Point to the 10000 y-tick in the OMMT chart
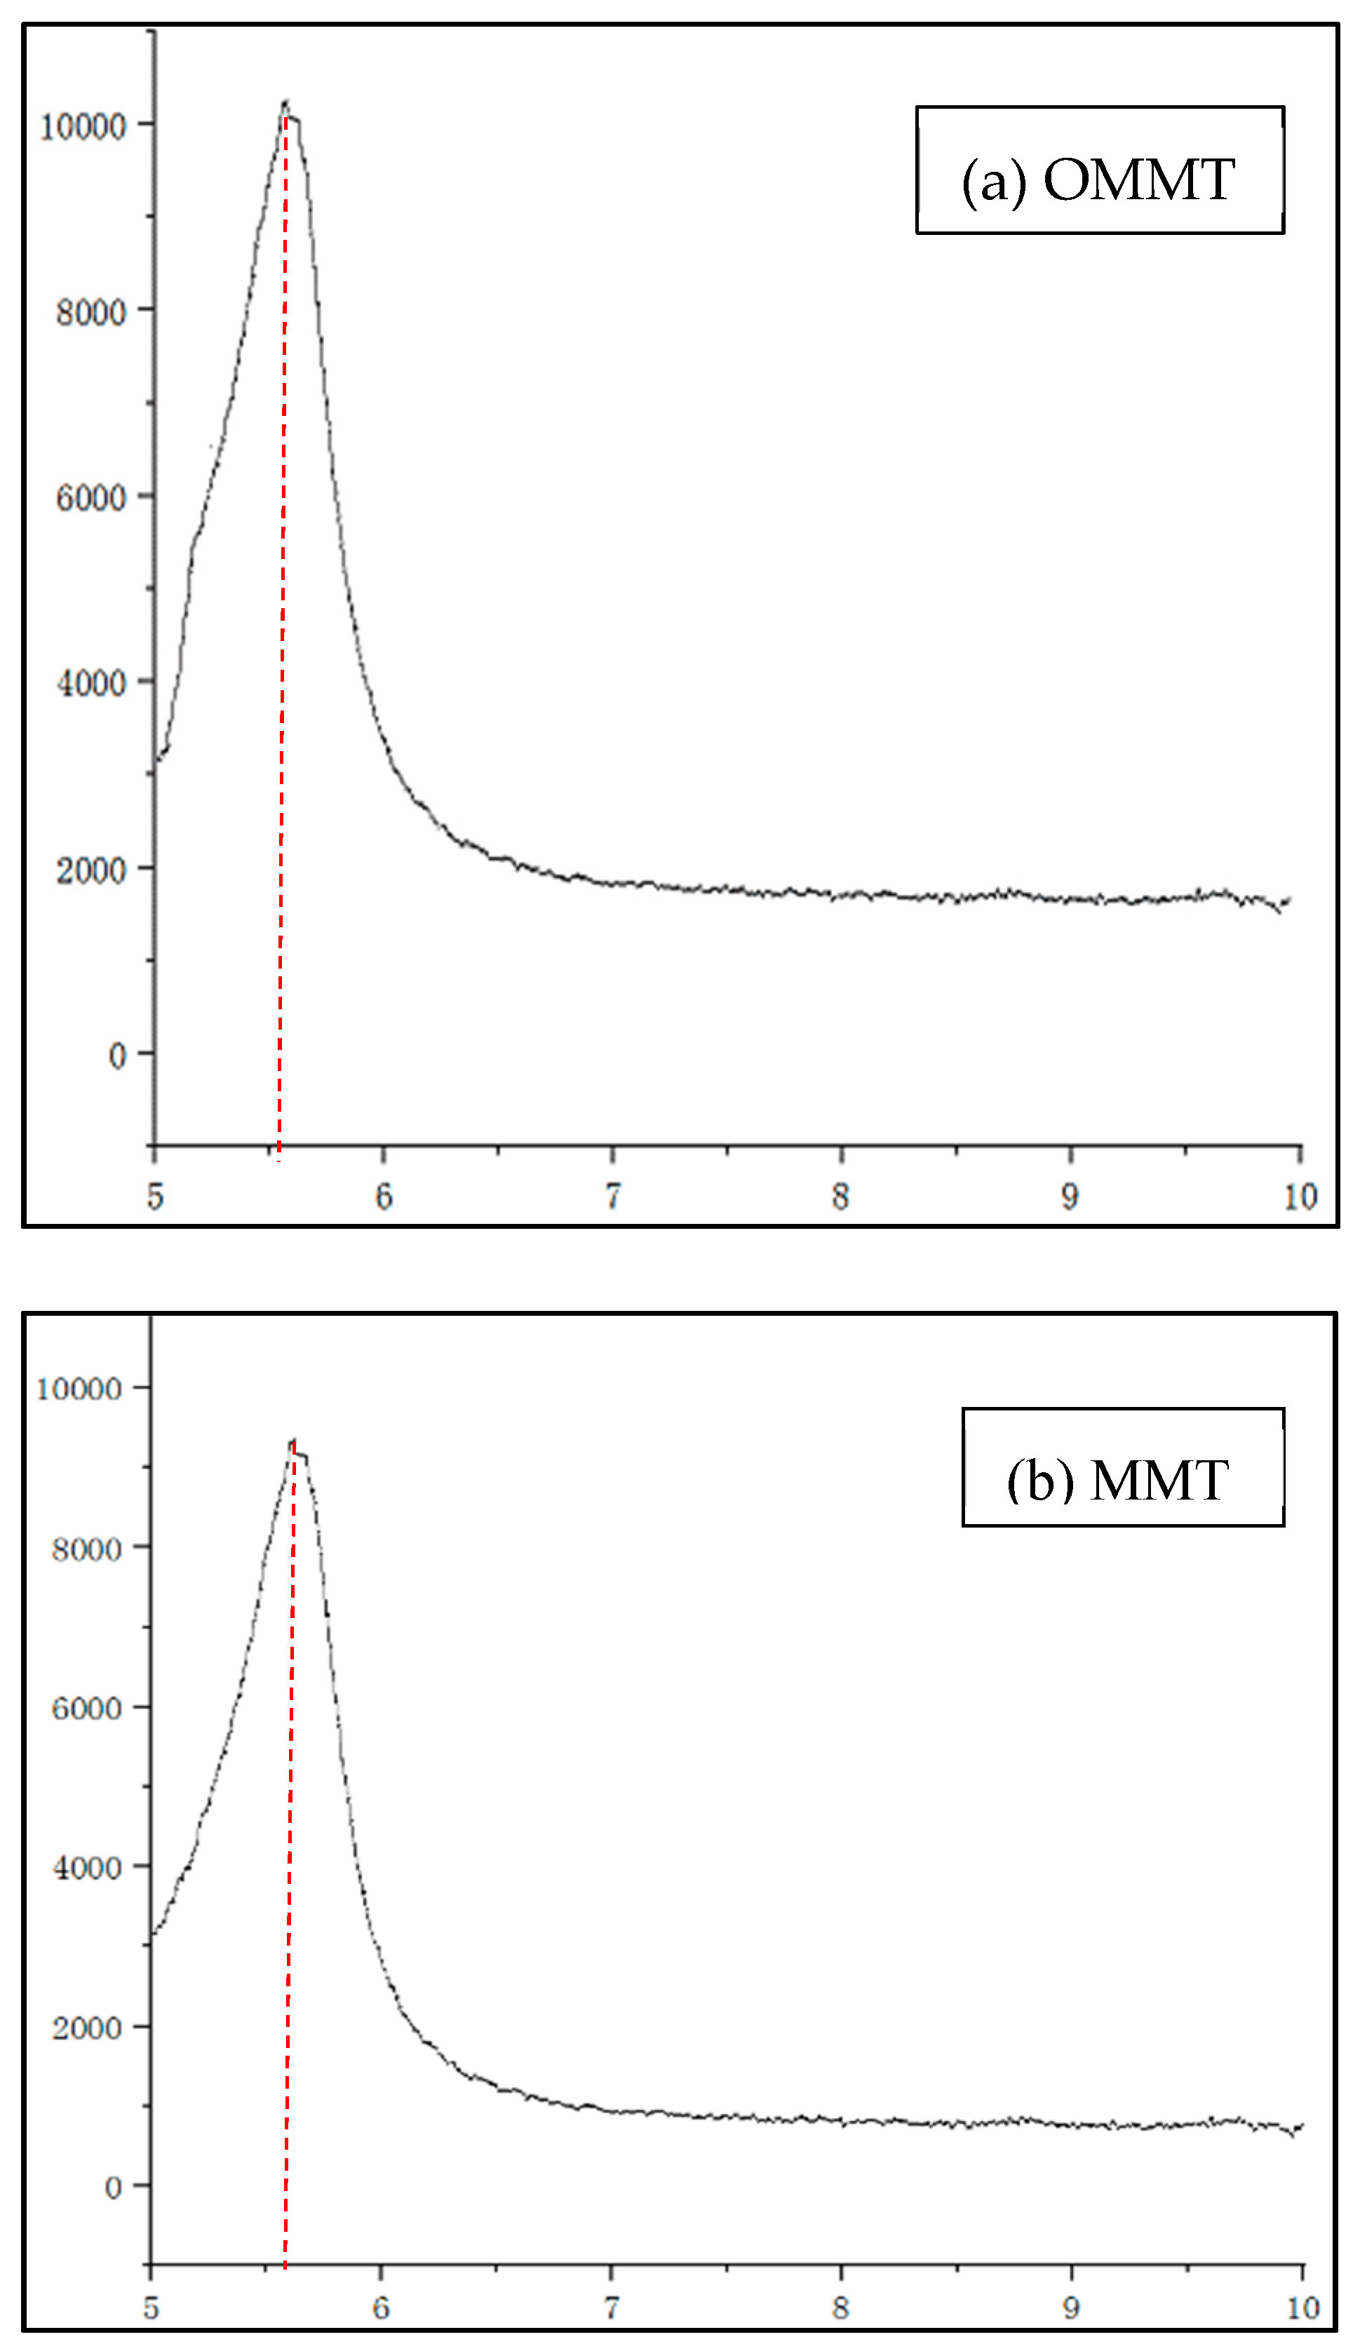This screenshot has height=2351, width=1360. (83, 126)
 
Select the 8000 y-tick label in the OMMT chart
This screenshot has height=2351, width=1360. (90, 311)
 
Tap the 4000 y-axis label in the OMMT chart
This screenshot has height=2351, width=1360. (90, 684)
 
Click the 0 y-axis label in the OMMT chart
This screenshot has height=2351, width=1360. (116, 1056)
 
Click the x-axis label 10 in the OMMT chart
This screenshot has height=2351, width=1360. (1300, 1196)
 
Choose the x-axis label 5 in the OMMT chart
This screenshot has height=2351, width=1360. (155, 1196)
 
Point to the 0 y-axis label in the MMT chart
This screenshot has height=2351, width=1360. (113, 2187)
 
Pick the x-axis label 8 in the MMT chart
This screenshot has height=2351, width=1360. (840, 2308)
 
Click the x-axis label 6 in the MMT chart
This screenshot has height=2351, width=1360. (381, 2308)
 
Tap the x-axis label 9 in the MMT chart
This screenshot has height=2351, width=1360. (1071, 2308)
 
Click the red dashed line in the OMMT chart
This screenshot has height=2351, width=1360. (283, 653)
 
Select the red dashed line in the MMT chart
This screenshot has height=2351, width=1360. (289, 1866)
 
